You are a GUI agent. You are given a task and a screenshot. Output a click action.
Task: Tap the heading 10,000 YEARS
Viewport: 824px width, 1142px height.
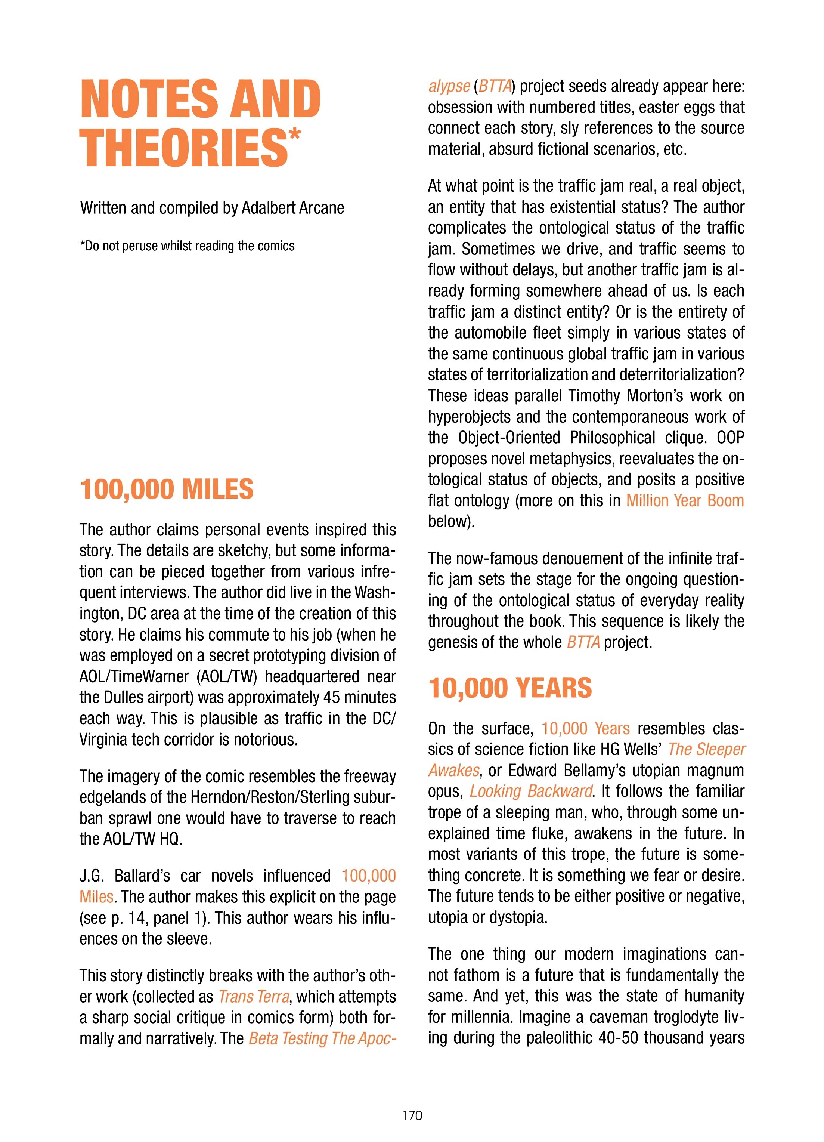(510, 688)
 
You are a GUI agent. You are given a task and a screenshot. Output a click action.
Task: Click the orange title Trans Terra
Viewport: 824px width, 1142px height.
(254, 997)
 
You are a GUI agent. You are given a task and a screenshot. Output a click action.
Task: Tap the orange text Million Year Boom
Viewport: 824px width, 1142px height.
(685, 500)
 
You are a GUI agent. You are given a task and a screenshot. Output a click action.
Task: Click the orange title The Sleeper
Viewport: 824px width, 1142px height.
(706, 749)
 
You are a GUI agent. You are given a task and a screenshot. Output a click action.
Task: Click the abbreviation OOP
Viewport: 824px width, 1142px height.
(730, 438)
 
